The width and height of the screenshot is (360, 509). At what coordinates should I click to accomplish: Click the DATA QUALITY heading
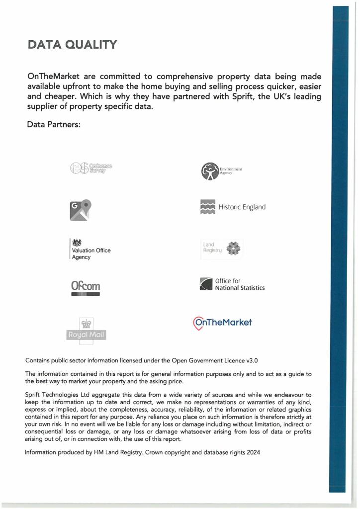(x=73, y=45)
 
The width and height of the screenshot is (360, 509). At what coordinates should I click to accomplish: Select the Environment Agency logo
(x=221, y=171)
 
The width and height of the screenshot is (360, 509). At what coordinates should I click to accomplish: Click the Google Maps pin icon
(x=81, y=210)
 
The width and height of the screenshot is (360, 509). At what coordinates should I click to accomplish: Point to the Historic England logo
(x=232, y=207)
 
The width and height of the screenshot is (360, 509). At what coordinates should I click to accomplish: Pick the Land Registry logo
(x=221, y=248)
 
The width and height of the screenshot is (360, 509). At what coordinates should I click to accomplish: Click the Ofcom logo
(x=85, y=287)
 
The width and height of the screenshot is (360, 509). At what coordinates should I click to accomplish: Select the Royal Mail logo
(x=87, y=330)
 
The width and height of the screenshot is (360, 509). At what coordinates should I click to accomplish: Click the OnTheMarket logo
(x=222, y=323)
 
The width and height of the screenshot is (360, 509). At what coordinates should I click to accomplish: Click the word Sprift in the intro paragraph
(x=222, y=96)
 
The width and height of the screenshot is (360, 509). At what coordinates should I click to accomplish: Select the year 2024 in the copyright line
(x=252, y=453)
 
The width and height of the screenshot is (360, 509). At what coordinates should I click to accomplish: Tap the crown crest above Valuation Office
(x=77, y=243)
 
